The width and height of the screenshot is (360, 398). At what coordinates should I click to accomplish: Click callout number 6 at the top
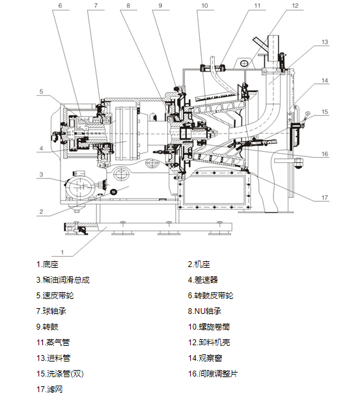tap(60, 6)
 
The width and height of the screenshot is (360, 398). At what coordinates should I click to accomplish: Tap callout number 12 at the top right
tap(296, 6)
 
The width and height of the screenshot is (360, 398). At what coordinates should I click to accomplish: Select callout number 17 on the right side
tap(325, 197)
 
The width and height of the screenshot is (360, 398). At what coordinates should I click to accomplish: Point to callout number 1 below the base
tap(62, 252)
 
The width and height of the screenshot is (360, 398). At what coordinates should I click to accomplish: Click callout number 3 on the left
tap(42, 175)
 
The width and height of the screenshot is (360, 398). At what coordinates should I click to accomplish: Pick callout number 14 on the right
tap(325, 81)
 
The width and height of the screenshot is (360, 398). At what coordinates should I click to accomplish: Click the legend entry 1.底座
tap(48, 264)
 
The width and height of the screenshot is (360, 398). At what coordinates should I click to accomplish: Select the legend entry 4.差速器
tap(203, 280)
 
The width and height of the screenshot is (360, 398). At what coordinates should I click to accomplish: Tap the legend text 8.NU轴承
tap(204, 311)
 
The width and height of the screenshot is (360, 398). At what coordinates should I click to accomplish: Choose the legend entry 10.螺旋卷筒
tap(209, 327)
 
